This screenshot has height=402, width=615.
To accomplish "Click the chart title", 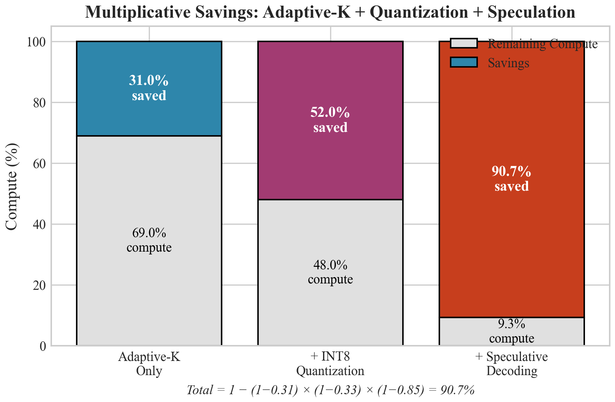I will (x=330, y=12).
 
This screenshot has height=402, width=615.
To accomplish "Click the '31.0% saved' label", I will (x=149, y=88).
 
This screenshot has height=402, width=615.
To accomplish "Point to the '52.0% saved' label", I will (x=330, y=120).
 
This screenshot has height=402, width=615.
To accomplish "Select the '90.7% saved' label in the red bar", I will (x=511, y=179).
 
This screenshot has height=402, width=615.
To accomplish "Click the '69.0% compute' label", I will (x=149, y=240).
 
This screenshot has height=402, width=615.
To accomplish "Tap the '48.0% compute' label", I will (x=330, y=272).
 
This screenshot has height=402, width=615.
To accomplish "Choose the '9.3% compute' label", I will (x=511, y=331).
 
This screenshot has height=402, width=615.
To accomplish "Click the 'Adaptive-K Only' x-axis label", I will (x=149, y=363).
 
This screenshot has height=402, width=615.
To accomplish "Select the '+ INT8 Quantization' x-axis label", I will (x=330, y=363).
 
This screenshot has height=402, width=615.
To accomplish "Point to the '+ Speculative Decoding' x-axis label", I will (x=511, y=363).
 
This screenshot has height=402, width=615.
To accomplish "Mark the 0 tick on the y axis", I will (x=42, y=346).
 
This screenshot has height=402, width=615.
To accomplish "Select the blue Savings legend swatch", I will (x=464, y=62).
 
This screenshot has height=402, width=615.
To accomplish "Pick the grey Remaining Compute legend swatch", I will (x=464, y=44).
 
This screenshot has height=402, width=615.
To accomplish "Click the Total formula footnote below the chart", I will (x=330, y=390).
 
